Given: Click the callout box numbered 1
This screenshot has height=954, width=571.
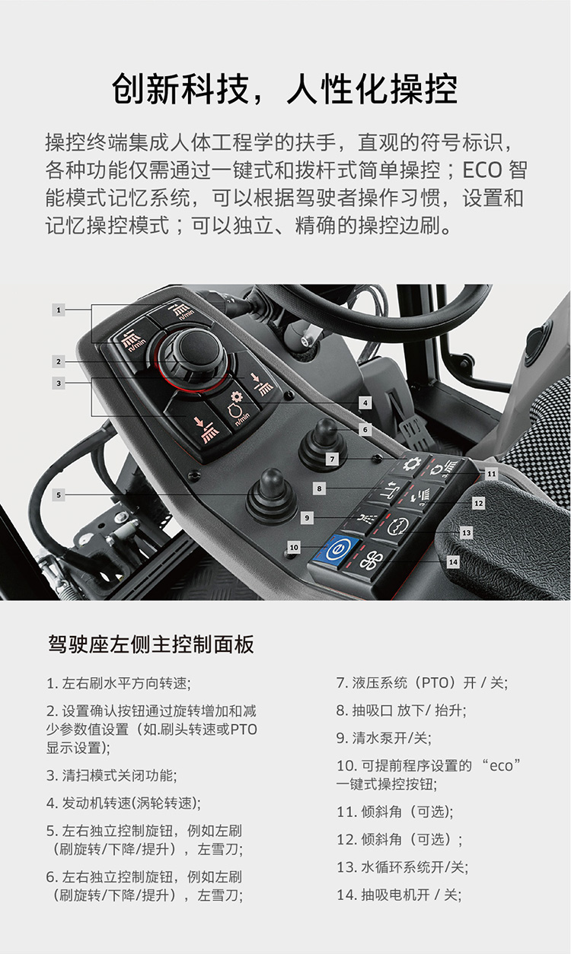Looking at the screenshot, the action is coord(59,310).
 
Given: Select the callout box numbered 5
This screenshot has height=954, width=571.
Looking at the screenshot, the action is coord(59,495).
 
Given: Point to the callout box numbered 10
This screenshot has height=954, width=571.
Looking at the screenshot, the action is coord(294,547).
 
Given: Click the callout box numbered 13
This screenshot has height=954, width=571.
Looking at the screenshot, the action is coord(467,533).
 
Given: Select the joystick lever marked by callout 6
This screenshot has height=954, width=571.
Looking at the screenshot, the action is coord(323,443).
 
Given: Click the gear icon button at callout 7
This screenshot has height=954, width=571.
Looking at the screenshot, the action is coord(410,464).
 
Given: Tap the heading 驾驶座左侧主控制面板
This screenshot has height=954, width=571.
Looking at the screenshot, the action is coord(151,644).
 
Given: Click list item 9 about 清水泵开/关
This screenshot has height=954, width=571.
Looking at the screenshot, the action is coord(384,738).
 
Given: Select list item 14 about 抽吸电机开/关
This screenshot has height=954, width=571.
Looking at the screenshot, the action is coord(399,895).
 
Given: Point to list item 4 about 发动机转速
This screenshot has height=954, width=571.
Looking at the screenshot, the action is coord(123,803).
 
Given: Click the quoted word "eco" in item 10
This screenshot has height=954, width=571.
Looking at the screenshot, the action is coord(500,766).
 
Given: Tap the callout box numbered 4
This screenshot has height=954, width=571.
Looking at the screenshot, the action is coord(365,402).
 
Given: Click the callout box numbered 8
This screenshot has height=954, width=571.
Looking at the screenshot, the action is coord(319,488).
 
